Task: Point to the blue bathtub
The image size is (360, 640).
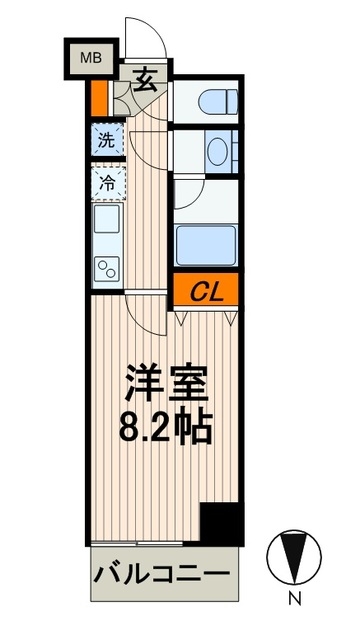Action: point(206,244)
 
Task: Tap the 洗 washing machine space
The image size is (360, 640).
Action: point(106,138)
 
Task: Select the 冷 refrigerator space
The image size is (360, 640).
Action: point(106,182)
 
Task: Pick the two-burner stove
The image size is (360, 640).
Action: point(106,264)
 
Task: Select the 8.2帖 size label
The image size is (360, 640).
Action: point(165,428)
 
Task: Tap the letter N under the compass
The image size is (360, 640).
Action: point(294,601)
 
